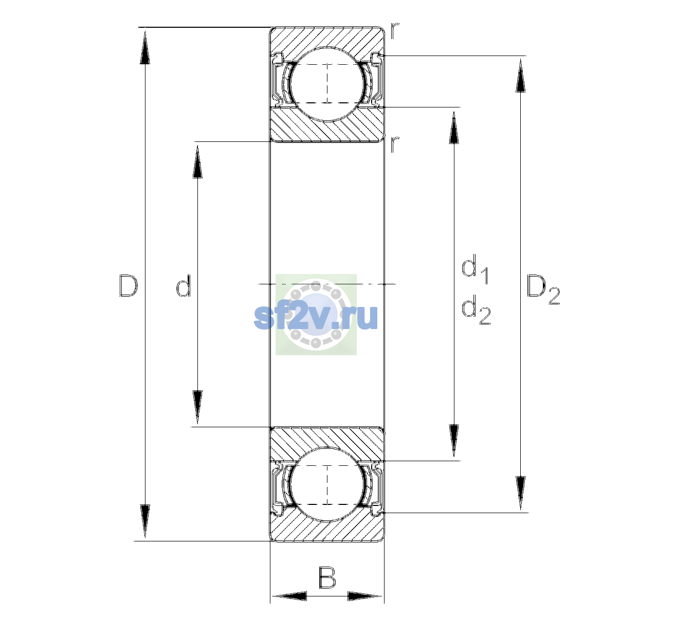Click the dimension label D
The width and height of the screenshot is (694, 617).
pyautogui.click(x=129, y=285)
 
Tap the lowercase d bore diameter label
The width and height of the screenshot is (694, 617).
pyautogui.click(x=183, y=285)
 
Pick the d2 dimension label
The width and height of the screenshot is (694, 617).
pyautogui.click(x=476, y=310)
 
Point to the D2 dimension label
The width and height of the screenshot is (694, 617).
pyautogui.click(x=543, y=289)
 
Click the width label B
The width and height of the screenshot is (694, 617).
pyautogui.click(x=327, y=577)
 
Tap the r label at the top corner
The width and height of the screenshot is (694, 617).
pyautogui.click(x=395, y=31)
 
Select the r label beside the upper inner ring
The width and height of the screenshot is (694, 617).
pyautogui.click(x=395, y=144)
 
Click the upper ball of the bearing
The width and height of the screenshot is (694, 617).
pyautogui.click(x=327, y=84)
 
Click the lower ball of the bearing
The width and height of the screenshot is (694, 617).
pyautogui.click(x=327, y=484)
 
